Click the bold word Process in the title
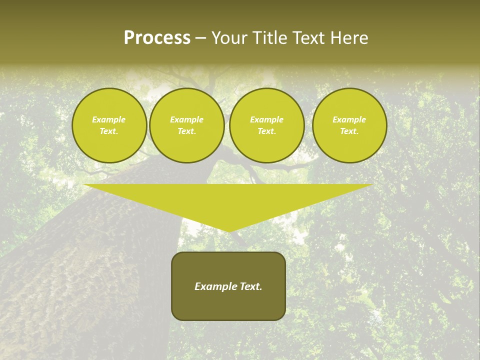point(157,38)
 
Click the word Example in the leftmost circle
point(109,119)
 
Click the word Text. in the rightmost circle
point(349,131)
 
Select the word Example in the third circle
point(266,119)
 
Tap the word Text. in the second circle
point(186,131)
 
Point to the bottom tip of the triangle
point(228,231)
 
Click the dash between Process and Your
point(201,38)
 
